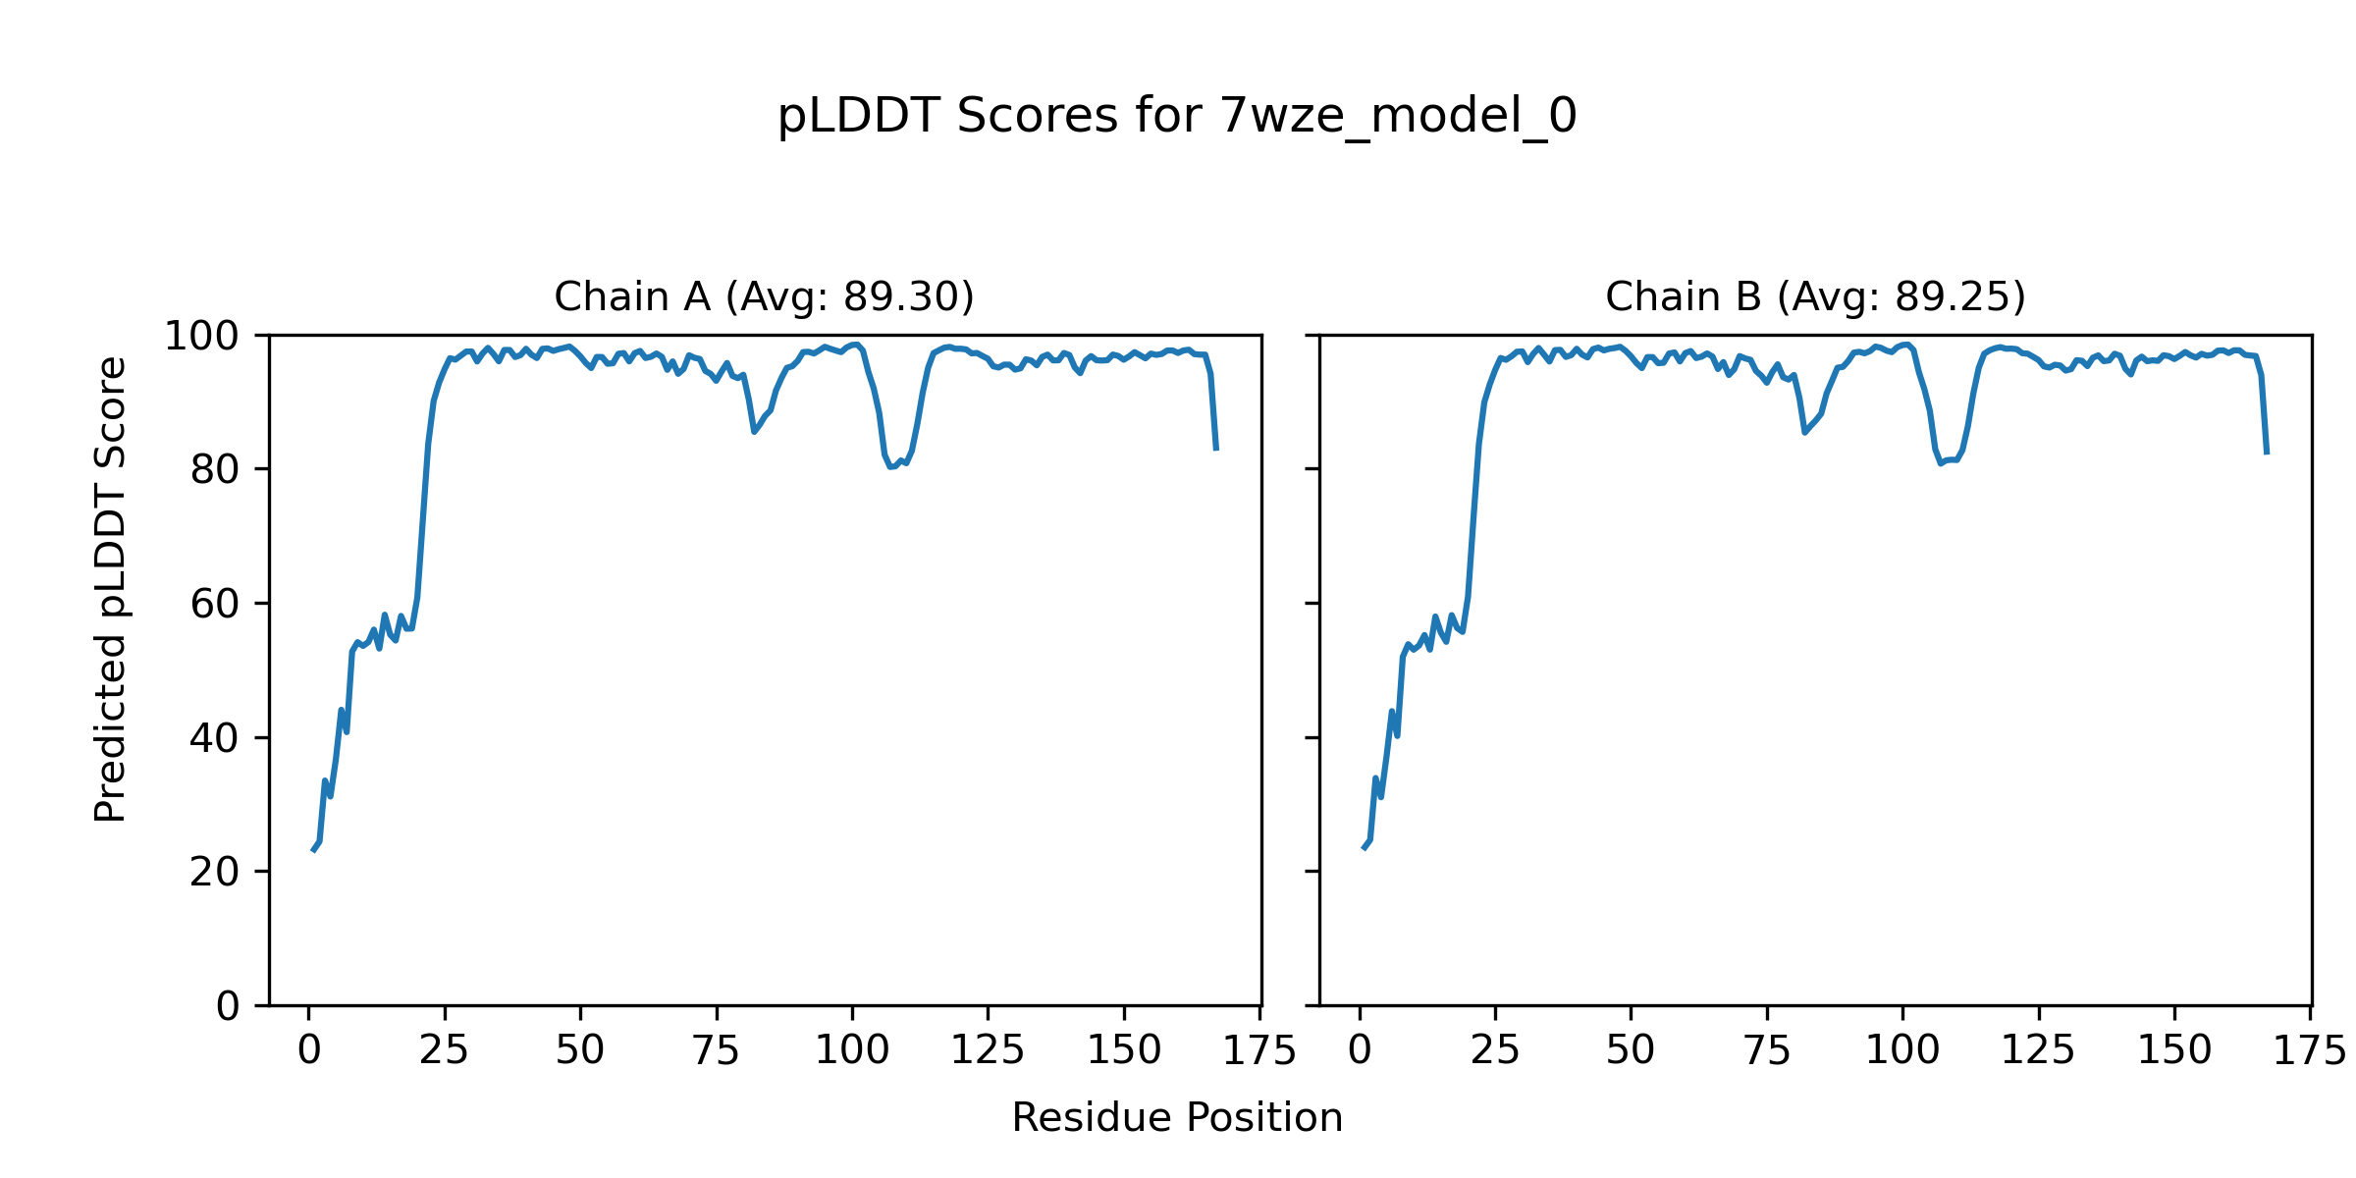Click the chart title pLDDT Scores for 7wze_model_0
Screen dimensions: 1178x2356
coord(1177,117)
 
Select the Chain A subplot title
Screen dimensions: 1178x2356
coord(764,296)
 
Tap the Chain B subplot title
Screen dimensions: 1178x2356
coord(1815,296)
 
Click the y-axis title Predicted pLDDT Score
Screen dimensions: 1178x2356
coord(111,589)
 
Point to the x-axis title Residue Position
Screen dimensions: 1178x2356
coord(1177,1118)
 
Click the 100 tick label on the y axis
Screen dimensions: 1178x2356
coord(201,337)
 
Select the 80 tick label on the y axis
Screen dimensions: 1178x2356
coord(215,470)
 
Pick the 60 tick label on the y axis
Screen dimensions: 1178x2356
coord(215,605)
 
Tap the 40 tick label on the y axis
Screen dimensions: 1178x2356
coord(215,738)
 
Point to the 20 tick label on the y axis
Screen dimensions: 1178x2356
coord(215,873)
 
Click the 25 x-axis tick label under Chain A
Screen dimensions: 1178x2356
coord(444,1051)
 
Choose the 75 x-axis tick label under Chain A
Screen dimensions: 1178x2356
coord(716,1051)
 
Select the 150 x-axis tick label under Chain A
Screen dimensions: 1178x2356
coord(1124,1051)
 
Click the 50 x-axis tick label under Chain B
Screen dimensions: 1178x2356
coord(1631,1051)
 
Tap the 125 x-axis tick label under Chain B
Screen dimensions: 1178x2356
coord(2038,1051)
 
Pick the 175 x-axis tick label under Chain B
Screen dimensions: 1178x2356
coord(2309,1051)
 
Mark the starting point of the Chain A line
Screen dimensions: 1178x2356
coord(313,850)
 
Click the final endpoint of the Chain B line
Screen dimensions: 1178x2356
coord(2267,454)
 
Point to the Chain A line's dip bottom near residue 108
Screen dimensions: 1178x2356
coord(890,466)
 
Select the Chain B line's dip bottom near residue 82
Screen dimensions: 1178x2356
coord(1804,432)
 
